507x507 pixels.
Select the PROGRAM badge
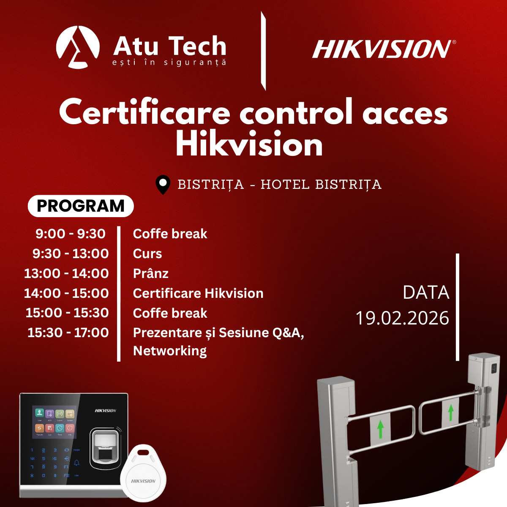tap(81, 206)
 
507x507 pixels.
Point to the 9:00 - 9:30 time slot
tap(71, 234)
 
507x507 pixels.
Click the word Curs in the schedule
tap(147, 253)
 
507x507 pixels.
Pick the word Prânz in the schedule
tap(151, 273)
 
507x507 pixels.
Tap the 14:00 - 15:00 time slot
tap(66, 293)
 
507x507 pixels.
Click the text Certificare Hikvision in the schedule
tap(198, 293)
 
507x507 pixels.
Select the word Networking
tap(170, 351)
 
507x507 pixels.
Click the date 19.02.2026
tap(402, 318)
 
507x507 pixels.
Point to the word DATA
tap(426, 293)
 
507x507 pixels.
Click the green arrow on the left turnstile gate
tap(380, 429)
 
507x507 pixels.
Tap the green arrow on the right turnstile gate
tap(451, 412)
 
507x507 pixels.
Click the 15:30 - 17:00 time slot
tap(68, 333)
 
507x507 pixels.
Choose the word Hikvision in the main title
tap(249, 144)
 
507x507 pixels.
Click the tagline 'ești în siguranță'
tap(169, 63)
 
